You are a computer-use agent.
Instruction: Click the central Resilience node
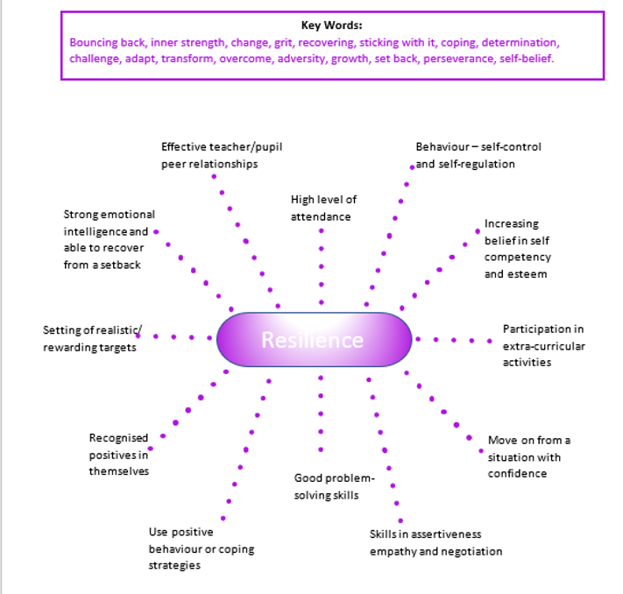(x=313, y=339)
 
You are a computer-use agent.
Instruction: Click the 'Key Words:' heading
(x=330, y=25)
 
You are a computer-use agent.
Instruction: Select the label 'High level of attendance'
(x=323, y=208)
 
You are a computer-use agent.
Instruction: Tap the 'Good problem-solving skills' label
(x=334, y=486)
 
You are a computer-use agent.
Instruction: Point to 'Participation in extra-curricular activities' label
(x=543, y=345)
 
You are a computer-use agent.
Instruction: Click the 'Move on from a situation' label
(x=528, y=456)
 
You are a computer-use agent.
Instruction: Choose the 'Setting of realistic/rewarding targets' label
(x=89, y=338)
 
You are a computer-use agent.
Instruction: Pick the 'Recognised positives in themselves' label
(x=118, y=454)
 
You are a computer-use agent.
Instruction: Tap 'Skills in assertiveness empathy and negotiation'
(x=435, y=542)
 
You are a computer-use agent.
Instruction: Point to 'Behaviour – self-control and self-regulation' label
(x=478, y=155)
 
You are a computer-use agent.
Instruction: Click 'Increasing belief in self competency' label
(x=517, y=249)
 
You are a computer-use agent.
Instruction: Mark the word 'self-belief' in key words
(x=528, y=59)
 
